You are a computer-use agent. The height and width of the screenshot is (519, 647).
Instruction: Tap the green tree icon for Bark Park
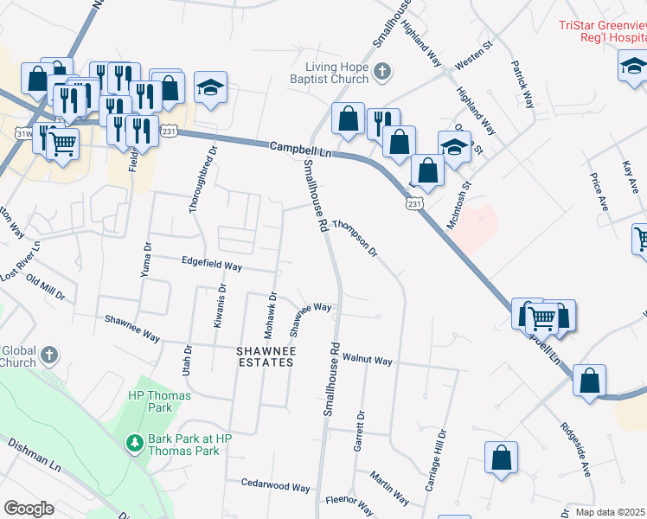tap(134, 444)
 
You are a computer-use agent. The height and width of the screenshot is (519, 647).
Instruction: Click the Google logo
tap(29, 509)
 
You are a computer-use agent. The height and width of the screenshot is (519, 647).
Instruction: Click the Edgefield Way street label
tap(211, 264)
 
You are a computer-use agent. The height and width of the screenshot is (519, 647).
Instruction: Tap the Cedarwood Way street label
tap(275, 487)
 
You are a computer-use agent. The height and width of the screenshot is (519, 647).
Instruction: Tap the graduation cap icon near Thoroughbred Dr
tap(210, 87)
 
